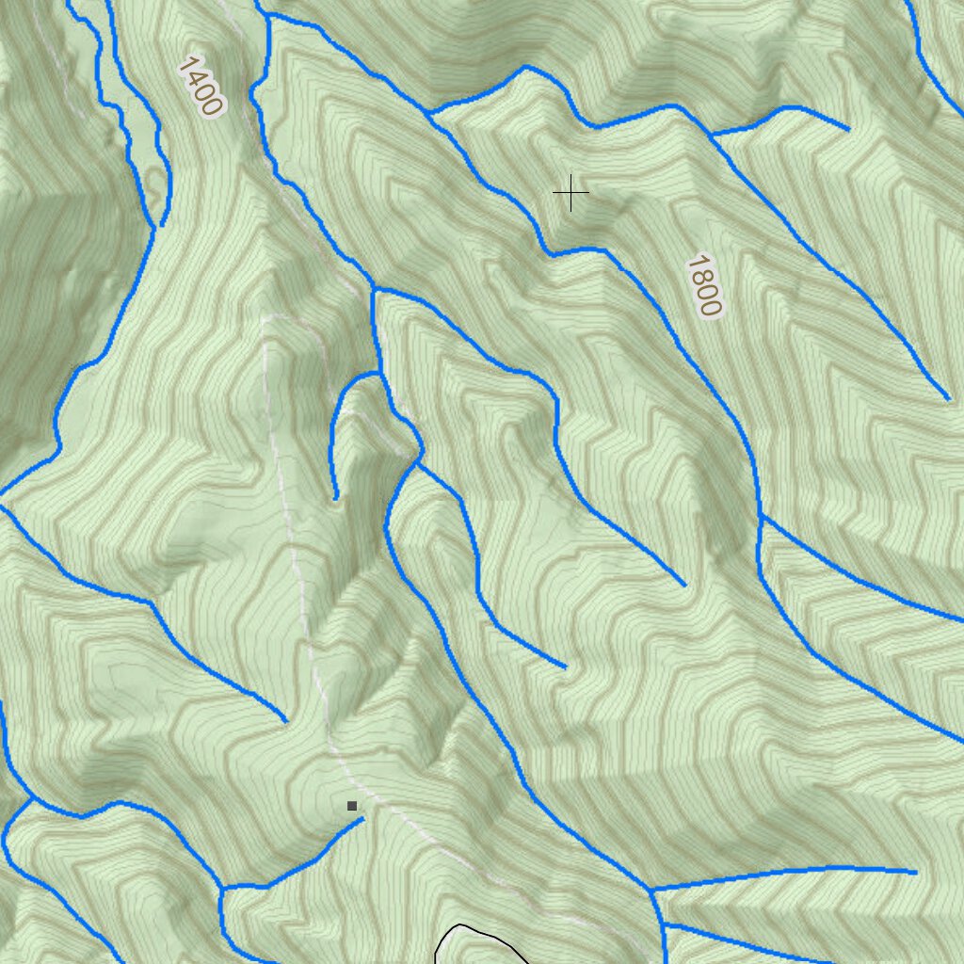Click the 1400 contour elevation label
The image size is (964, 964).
pos(200,87)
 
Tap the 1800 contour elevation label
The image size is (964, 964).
pos(704,284)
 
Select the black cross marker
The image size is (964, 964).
pos(570,193)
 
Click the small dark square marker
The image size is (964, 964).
pos(352,806)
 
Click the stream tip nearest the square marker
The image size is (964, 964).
pos(362,819)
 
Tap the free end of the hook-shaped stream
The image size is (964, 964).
pos(336,498)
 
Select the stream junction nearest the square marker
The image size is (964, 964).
pos(222,887)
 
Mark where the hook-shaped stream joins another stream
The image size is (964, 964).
pos(379,374)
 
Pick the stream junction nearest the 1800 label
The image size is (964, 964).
pos(760,516)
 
